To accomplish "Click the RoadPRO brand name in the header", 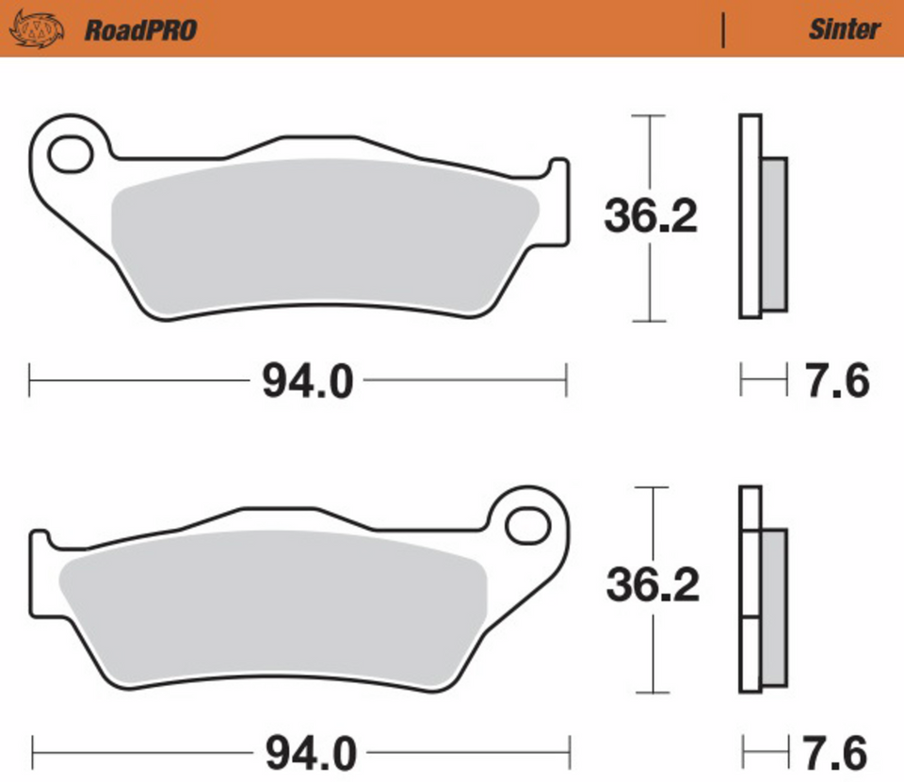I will (140, 30).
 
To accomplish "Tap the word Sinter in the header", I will (844, 29).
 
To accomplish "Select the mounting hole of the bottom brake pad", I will (527, 525).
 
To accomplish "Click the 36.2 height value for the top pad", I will (651, 218).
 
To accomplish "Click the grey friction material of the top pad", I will (320, 235).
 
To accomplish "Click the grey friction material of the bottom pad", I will (273, 602).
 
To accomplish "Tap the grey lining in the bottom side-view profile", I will (773, 607).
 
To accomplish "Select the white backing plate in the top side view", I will (750, 216).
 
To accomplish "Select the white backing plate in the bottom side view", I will (750, 583).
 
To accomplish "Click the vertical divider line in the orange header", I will (723, 30).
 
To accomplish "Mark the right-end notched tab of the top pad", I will (558, 202).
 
